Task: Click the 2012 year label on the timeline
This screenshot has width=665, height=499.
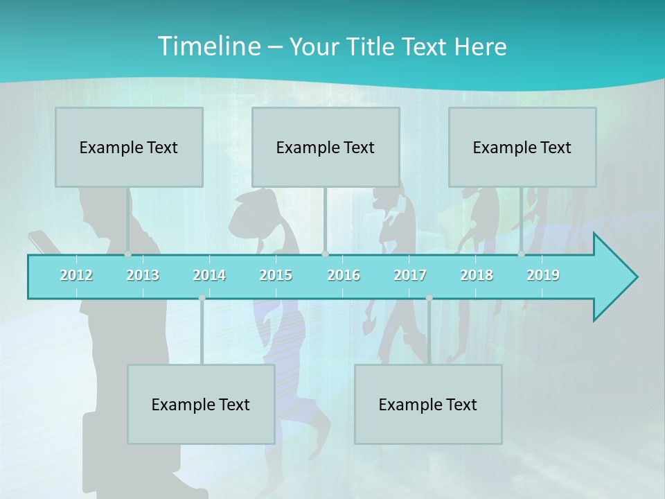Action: point(76,275)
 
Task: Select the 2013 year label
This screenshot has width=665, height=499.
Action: point(143,275)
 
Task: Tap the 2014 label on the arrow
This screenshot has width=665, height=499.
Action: point(209,275)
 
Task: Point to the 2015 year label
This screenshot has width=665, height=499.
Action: point(276,275)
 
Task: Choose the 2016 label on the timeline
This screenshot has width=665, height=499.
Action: point(344,275)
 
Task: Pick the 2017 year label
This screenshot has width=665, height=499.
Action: point(410,275)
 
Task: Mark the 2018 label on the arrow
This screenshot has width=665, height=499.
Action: point(477,275)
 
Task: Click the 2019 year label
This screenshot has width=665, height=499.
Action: point(543,275)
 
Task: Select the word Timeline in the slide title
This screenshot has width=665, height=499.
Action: point(209,46)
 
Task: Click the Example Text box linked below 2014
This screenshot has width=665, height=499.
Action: point(201,404)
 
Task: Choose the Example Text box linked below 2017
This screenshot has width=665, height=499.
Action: point(428,404)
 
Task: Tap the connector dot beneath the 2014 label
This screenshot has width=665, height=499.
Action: point(202,298)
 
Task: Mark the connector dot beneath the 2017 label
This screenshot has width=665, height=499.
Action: point(429,298)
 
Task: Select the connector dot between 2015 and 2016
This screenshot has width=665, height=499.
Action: point(325,254)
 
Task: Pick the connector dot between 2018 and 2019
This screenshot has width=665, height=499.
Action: point(521,254)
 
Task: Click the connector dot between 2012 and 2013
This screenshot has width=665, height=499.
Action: point(127,254)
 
